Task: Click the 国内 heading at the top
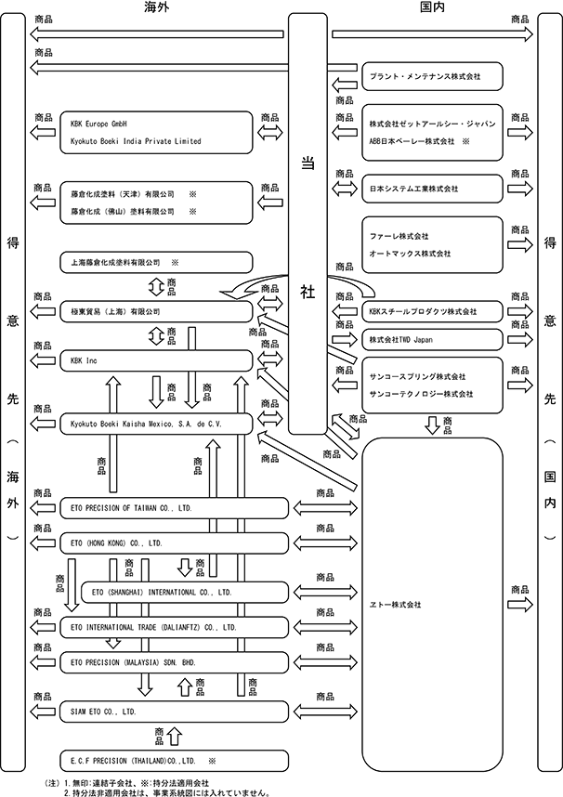[x=432, y=7]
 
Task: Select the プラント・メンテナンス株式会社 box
[x=432, y=76]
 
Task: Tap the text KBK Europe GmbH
[x=98, y=124]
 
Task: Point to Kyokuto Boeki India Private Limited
[x=136, y=141]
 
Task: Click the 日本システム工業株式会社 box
[x=432, y=189]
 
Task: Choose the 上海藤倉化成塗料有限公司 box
[x=156, y=263]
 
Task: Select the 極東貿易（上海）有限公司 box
[x=156, y=311]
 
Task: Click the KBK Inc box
[x=156, y=361]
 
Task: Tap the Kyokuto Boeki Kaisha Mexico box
[x=156, y=424]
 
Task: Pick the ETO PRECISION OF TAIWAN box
[x=174, y=508]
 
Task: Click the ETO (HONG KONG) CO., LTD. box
[x=174, y=543]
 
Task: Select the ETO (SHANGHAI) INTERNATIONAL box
[x=185, y=592]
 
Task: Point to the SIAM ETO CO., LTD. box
[x=174, y=712]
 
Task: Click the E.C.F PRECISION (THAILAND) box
[x=174, y=761]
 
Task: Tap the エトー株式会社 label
[x=395, y=605]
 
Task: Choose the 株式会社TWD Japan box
[x=432, y=340]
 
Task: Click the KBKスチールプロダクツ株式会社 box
[x=432, y=311]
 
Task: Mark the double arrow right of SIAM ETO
[x=325, y=712]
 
